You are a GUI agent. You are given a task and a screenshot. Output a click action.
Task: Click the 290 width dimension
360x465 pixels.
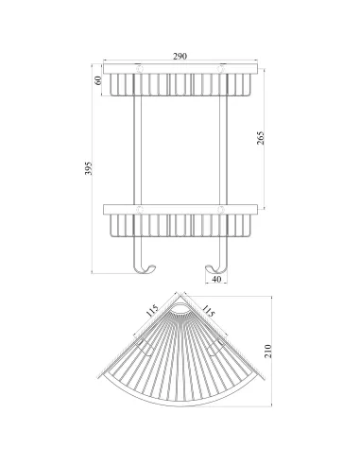(180, 57)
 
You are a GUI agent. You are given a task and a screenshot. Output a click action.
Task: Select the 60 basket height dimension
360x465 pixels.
(95, 82)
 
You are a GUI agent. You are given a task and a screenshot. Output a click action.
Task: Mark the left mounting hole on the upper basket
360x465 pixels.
(139, 69)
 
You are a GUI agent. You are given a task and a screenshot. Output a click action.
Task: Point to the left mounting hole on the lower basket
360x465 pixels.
(139, 207)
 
